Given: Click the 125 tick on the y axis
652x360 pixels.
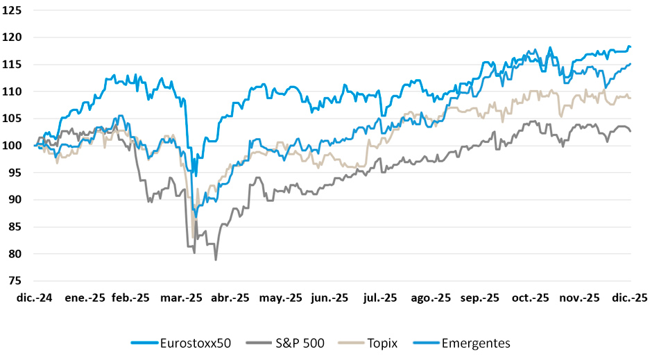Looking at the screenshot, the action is point(12,10).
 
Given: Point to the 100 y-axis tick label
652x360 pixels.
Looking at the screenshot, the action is point(12,146).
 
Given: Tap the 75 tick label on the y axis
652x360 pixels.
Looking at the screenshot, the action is point(15,281).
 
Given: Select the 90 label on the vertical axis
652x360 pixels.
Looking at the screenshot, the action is point(15,200).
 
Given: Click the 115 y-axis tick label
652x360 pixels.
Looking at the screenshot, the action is point(12,65).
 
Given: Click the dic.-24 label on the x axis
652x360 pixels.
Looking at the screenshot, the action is point(35,298).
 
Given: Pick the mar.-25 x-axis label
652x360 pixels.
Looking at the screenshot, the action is point(181,298).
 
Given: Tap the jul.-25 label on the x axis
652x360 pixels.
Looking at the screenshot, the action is point(380,298).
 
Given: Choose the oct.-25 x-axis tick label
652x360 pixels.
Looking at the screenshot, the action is point(530,298).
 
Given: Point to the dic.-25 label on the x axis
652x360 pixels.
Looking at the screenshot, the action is point(630,298).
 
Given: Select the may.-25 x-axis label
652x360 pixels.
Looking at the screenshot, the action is point(281,298).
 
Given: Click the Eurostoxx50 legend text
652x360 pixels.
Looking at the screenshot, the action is point(196,343).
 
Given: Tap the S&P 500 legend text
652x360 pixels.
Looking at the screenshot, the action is point(300,343).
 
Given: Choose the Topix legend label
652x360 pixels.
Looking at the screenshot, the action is point(383,343).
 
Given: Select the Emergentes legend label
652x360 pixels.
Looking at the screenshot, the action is point(476,343).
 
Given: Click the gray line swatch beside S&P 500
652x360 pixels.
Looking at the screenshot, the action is point(260,343).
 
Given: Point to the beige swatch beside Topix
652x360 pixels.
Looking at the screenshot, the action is point(352,343).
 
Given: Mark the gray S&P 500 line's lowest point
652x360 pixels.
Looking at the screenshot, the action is point(216,260).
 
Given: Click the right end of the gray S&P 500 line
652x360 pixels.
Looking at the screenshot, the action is point(630,131).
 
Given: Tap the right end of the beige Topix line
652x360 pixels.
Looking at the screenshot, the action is point(630,98).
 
